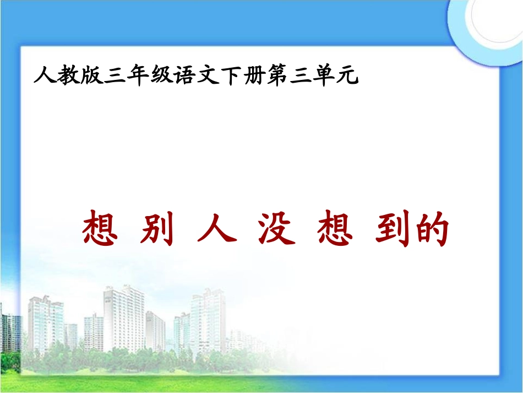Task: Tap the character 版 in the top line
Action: click(x=90, y=75)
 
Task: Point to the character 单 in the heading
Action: click(x=324, y=75)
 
